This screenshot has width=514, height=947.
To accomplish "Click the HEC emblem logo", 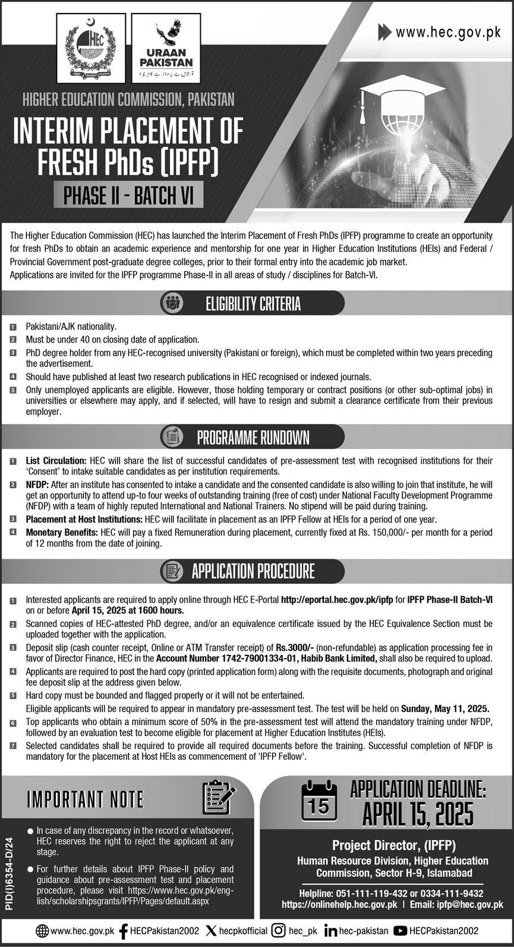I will pos(91,48).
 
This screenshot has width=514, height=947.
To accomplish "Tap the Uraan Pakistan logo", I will pos(166,48).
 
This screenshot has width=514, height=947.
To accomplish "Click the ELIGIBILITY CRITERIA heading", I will pos(253,304).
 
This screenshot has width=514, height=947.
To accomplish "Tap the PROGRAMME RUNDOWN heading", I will pos(253,438).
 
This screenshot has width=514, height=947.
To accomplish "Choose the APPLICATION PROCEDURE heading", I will pos(253,571).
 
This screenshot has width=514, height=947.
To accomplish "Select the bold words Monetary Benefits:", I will pos(62,533).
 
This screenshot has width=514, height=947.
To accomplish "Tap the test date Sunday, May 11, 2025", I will pos(445,708).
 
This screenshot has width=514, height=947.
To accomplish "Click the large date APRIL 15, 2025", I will pos(418,813).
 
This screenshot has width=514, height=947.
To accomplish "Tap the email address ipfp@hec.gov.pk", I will pos(468,904).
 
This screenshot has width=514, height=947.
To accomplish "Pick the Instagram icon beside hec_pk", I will pos(278,931).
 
